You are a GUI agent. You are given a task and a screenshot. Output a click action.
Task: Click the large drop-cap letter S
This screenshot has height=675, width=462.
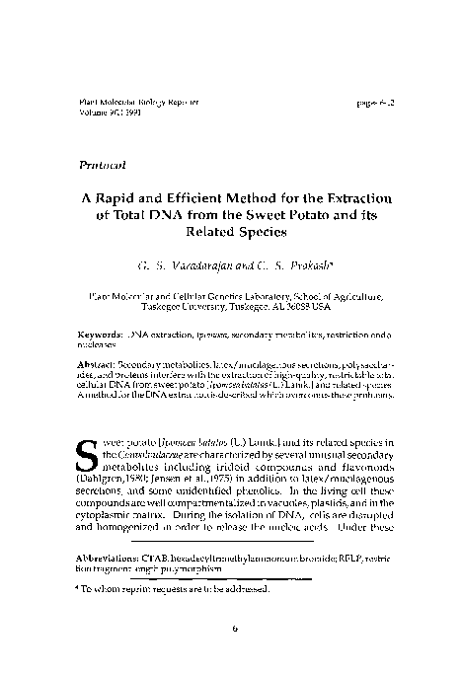[87, 447]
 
